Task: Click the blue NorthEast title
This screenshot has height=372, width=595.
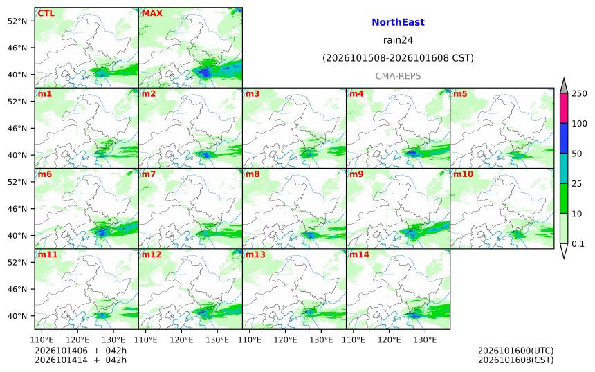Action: click(x=398, y=22)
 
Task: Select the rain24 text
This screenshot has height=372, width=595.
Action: click(x=398, y=40)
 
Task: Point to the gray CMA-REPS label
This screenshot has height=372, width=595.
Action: click(x=398, y=76)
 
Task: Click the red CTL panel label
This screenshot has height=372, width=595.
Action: click(x=46, y=13)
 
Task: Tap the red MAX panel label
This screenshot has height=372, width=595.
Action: click(x=152, y=13)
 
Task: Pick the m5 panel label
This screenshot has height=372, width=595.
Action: click(x=460, y=93)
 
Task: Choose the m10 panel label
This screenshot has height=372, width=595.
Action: click(x=463, y=174)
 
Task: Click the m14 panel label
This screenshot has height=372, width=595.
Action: click(x=359, y=254)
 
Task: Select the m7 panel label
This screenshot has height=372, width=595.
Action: click(x=148, y=174)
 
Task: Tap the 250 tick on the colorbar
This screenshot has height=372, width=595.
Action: click(x=579, y=93)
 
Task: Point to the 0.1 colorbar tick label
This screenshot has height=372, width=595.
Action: click(x=578, y=244)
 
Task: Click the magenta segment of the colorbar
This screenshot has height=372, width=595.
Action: click(x=564, y=108)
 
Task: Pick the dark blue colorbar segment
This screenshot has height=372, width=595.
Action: click(x=564, y=138)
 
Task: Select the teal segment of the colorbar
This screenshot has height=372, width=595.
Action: click(x=564, y=168)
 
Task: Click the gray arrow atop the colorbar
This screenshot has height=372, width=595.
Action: click(x=564, y=86)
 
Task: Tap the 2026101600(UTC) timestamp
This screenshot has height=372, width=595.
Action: click(x=515, y=351)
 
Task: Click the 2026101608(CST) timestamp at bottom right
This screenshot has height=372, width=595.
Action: click(x=515, y=360)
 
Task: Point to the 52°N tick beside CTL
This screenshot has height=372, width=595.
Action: click(x=17, y=21)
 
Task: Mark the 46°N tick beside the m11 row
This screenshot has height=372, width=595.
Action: click(x=17, y=289)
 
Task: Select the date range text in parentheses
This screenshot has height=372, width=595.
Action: click(x=398, y=58)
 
